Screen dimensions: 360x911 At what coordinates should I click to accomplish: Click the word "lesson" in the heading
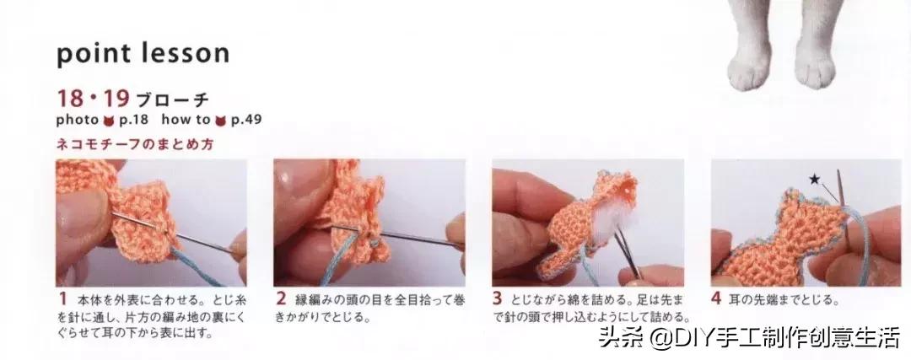[x=181, y=53]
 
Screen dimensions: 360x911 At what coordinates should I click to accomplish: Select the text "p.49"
[x=245, y=119]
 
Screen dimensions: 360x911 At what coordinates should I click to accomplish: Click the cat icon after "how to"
[x=221, y=119]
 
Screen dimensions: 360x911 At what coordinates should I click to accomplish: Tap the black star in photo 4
[x=814, y=179]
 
